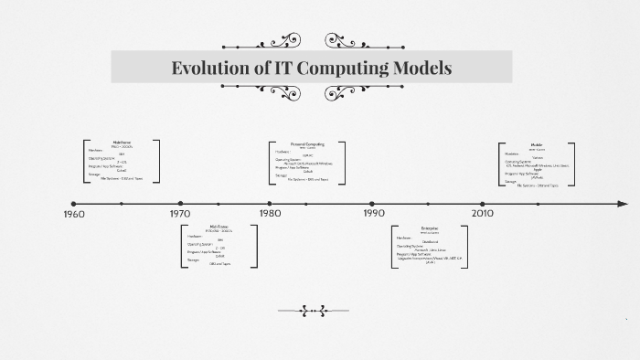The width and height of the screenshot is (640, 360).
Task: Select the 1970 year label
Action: pyautogui.click(x=180, y=214)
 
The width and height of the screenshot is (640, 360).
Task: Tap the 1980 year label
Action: pyautogui.click(x=270, y=214)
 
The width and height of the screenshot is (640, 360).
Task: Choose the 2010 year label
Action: pyautogui.click(x=483, y=214)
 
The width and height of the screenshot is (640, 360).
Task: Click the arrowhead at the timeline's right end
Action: pyautogui.click(x=624, y=203)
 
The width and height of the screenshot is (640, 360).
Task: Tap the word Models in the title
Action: pyautogui.click(x=421, y=68)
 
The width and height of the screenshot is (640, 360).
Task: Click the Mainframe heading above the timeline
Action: pyautogui.click(x=123, y=143)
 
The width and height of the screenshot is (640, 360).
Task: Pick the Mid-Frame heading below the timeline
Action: pyautogui.click(x=219, y=225)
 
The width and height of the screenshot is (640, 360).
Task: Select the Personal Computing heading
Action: pyautogui.click(x=307, y=143)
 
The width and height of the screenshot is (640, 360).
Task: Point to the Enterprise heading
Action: pyautogui.click(x=430, y=227)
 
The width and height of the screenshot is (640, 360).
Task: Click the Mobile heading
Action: pyautogui.click(x=537, y=144)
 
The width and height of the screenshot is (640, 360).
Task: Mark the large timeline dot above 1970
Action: pyautogui.click(x=180, y=203)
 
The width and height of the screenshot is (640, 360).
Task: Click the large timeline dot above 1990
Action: pyautogui.click(x=372, y=203)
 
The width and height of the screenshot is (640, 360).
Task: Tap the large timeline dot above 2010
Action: pyautogui.click(x=483, y=203)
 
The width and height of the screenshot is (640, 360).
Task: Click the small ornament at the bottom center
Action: pyautogui.click(x=314, y=311)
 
